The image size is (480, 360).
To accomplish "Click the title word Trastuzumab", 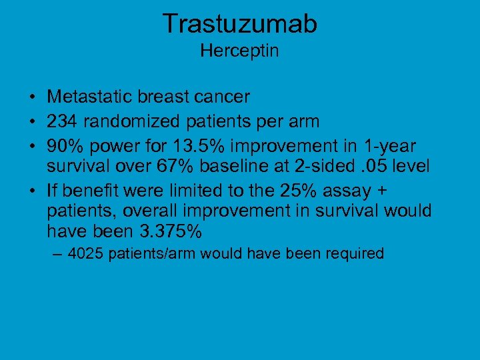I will click(240, 24).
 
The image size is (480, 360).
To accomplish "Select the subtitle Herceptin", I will click(239, 51).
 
